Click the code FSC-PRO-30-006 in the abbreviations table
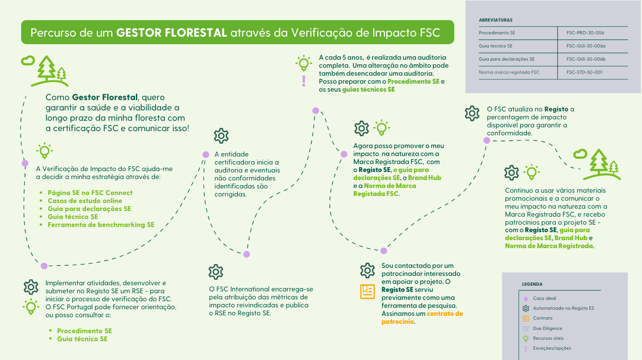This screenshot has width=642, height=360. pyautogui.click(x=585, y=33)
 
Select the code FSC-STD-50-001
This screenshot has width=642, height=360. pyautogui.click(x=584, y=72)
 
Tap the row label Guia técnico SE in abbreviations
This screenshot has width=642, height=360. pyautogui.click(x=495, y=46)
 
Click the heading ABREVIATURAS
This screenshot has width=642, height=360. pyautogui.click(x=495, y=20)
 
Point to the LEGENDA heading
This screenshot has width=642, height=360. pyautogui.click(x=532, y=284)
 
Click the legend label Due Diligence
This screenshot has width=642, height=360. pyautogui.click(x=548, y=329)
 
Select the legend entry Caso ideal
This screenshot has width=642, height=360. pyautogui.click(x=544, y=298)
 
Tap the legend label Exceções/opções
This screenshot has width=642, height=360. pyautogui.click(x=552, y=348)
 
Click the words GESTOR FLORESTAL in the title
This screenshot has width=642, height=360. pyautogui.click(x=172, y=33)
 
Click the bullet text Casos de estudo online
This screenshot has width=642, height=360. pyautogui.click(x=85, y=201)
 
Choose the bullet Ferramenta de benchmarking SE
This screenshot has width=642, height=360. pyautogui.click(x=101, y=225)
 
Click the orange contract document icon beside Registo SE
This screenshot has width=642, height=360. pyautogui.click(x=367, y=292)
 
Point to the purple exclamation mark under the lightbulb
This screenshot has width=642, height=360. pyautogui.click(x=304, y=81)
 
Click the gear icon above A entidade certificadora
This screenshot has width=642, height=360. pyautogui.click(x=221, y=136)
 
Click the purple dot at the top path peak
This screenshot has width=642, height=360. pyautogui.click(x=315, y=111)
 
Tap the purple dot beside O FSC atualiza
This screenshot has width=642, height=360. pyautogui.click(x=486, y=140)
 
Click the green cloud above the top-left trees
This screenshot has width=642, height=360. pyautogui.click(x=28, y=60)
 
